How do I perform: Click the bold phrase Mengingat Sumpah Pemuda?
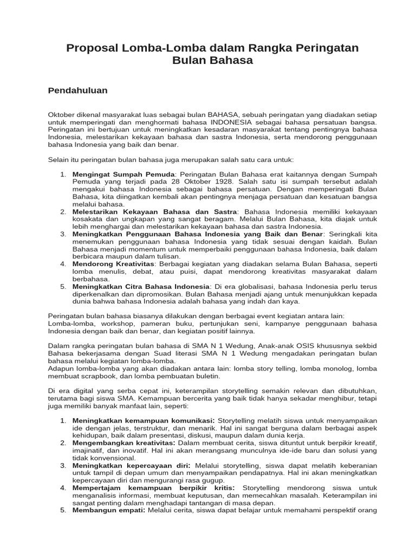pos(123,175)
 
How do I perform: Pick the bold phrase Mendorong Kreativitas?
pos(114,263)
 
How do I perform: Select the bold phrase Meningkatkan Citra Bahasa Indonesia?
pos(141,286)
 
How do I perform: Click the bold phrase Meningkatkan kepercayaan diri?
pos(131,465)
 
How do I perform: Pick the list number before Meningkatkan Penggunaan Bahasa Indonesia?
pos(63,234)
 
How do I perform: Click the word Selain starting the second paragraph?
pos(60,160)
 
